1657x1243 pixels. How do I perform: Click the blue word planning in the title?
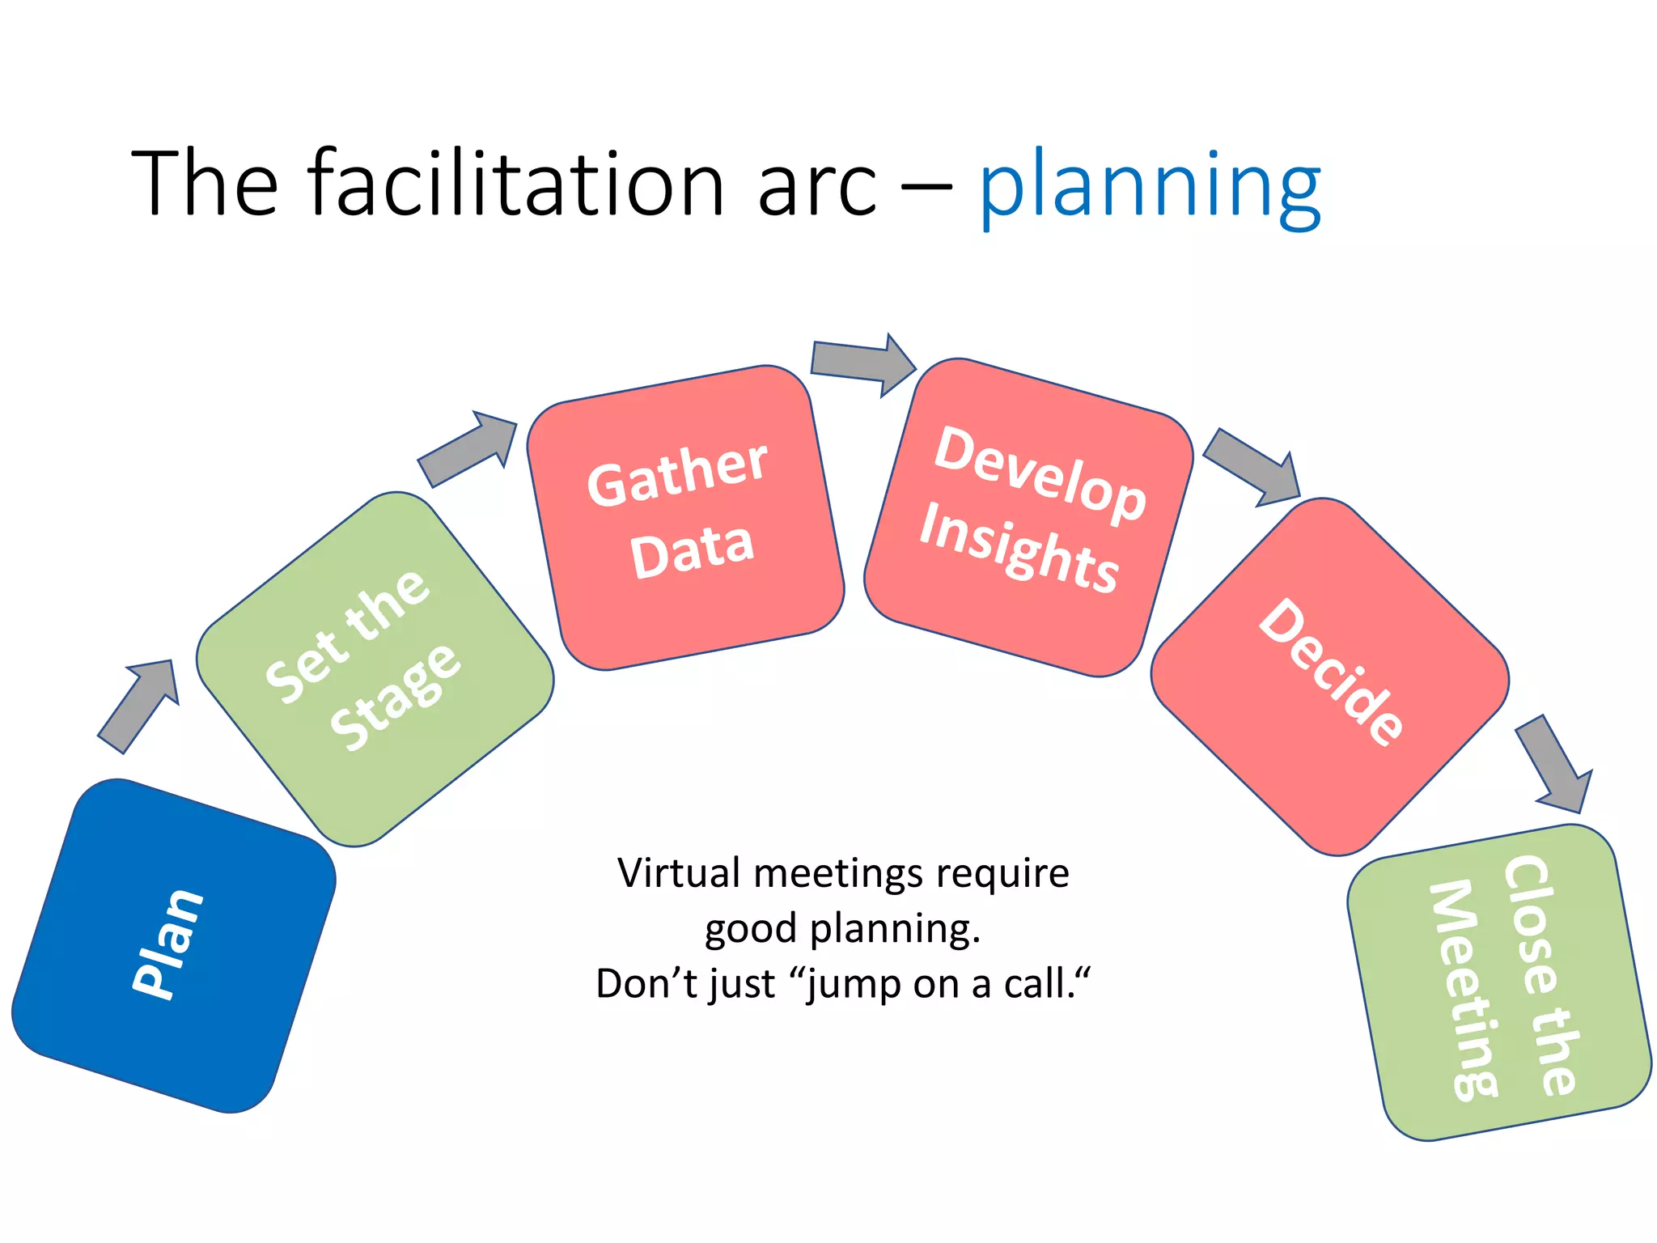(x=1149, y=188)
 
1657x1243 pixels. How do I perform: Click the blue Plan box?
(x=173, y=945)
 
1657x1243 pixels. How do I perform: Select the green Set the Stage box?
(x=375, y=669)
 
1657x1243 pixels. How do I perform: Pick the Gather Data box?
(x=684, y=518)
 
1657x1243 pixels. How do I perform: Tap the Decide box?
(x=1329, y=677)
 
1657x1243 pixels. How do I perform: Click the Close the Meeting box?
(x=1498, y=982)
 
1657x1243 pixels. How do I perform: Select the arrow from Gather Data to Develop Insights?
(x=862, y=363)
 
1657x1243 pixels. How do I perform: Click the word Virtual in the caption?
(x=678, y=874)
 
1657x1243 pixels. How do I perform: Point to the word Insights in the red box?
(x=1019, y=549)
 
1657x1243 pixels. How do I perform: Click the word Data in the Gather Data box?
(x=692, y=550)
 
